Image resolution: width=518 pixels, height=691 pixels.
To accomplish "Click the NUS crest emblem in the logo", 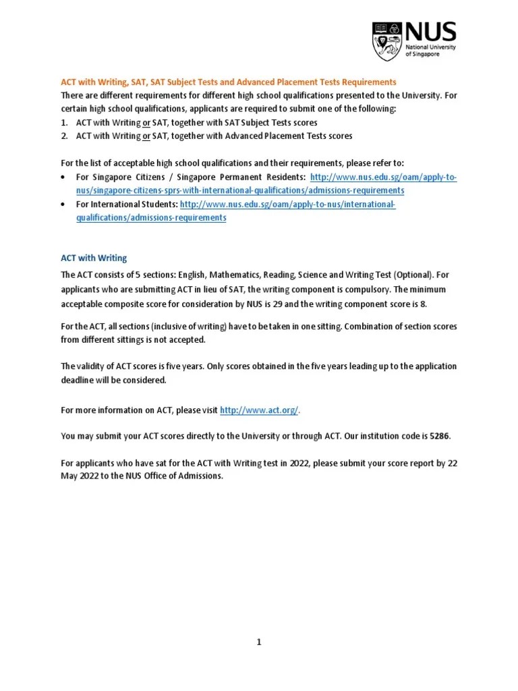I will [x=387, y=41].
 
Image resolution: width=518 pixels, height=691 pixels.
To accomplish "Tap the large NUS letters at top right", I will [x=430, y=32].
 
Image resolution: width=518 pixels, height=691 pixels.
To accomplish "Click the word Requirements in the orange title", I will [x=363, y=82].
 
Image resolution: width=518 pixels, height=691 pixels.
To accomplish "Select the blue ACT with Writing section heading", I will [x=94, y=258].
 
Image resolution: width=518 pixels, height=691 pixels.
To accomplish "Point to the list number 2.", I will [x=64, y=136].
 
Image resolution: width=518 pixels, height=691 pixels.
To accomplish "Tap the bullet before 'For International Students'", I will [x=63, y=204].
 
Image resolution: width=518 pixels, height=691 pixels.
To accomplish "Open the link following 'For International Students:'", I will [x=287, y=204].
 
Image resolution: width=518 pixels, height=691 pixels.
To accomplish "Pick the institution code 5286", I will [x=439, y=436].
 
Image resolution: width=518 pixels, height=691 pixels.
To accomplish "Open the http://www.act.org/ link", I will [x=259, y=410].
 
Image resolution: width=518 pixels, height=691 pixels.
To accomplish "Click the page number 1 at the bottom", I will [x=258, y=642].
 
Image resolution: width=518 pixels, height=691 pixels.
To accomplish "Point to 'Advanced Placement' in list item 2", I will [x=252, y=136].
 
